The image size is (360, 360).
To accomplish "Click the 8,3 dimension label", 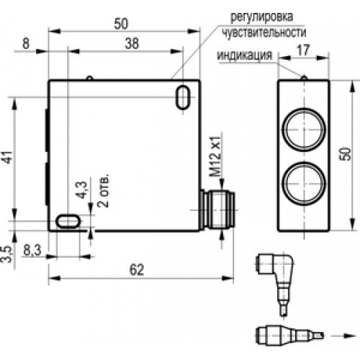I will (32, 251).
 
